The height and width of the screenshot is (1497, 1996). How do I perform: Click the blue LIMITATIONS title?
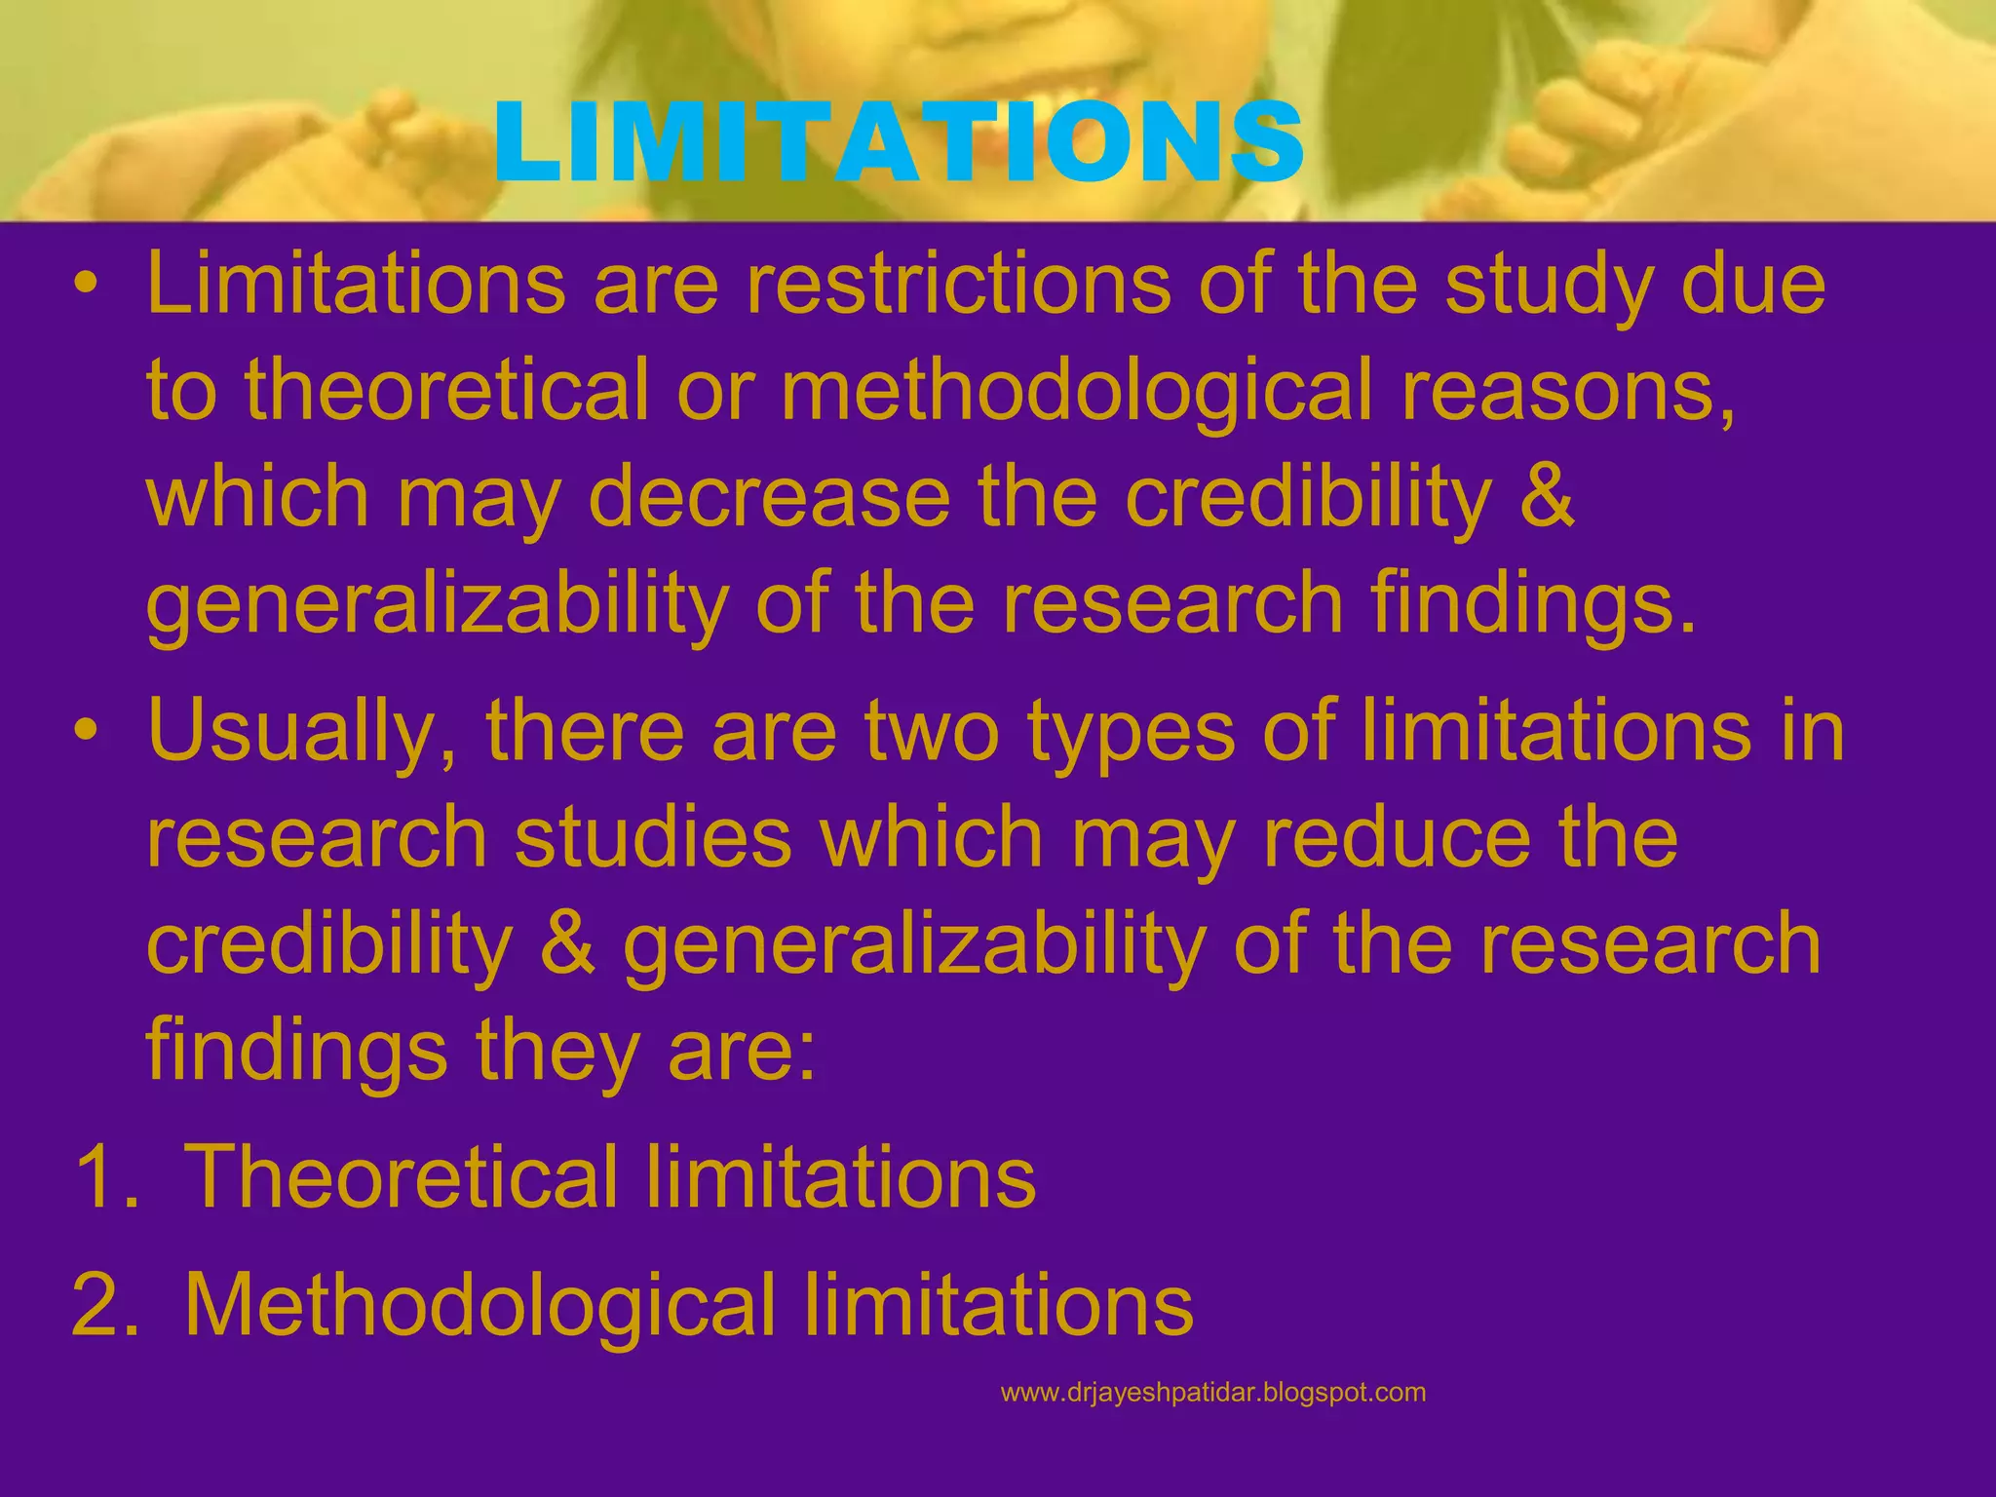[x=898, y=144]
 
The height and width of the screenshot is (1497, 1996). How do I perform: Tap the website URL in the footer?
[x=1212, y=1393]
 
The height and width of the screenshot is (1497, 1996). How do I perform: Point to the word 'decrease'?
[x=769, y=498]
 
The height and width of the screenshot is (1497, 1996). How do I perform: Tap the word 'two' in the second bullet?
[x=932, y=733]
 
